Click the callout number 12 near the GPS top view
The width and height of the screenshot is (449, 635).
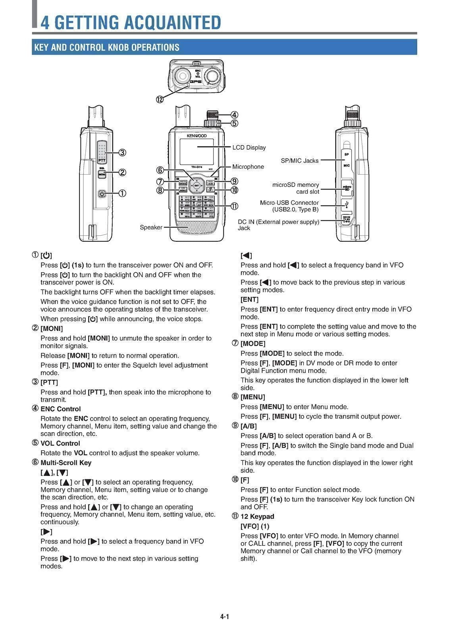(x=160, y=99)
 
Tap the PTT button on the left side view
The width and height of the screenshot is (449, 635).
(x=102, y=152)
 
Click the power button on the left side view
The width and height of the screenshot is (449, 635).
(x=102, y=194)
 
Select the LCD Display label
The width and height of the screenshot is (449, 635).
(x=249, y=148)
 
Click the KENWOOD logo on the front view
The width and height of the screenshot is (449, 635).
(x=197, y=136)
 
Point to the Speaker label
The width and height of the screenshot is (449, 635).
(x=151, y=227)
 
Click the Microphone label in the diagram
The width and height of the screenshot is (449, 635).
(x=248, y=167)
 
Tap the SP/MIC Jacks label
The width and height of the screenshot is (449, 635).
(x=299, y=161)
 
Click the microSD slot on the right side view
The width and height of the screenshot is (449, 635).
(x=347, y=188)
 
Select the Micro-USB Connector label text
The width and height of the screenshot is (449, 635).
(x=289, y=203)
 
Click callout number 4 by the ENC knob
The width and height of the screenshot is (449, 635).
(x=234, y=115)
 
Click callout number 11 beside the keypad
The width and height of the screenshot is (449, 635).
(x=234, y=206)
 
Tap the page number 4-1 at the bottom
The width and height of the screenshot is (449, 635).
(x=225, y=616)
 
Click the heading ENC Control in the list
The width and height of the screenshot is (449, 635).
(x=60, y=409)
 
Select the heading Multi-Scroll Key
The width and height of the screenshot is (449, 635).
(x=66, y=462)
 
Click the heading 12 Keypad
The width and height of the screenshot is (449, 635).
(x=257, y=516)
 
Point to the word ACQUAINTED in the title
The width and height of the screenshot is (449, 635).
(x=172, y=22)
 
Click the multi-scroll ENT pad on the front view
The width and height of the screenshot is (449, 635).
(x=197, y=185)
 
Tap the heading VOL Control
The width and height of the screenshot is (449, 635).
(x=60, y=443)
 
